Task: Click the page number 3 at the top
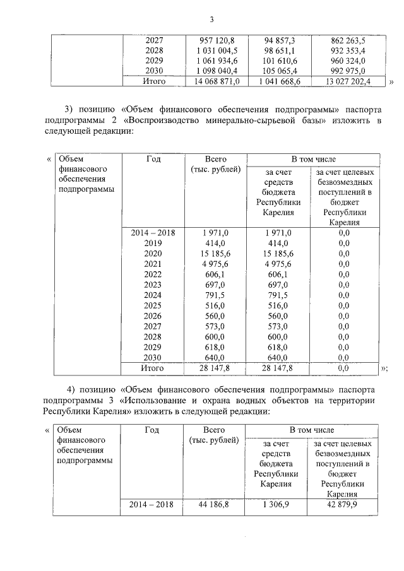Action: tap(202, 18)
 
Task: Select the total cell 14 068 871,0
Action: tap(217, 81)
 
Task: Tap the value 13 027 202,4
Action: tap(348, 81)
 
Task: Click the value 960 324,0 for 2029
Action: tap(348, 61)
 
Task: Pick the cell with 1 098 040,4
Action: tap(217, 71)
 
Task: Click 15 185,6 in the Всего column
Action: tap(217, 254)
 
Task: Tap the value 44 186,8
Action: tap(217, 505)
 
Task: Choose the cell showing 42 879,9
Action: tap(344, 505)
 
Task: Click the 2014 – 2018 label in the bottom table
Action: tap(153, 505)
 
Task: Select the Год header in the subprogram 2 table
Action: tap(153, 160)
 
